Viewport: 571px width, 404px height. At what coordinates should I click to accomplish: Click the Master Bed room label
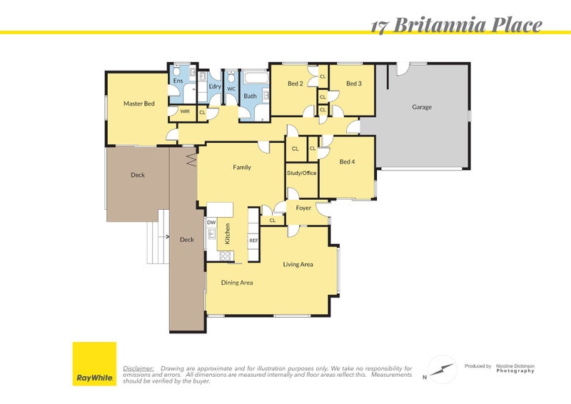pyautogui.click(x=138, y=103)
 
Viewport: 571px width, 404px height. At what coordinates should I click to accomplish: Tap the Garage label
pyautogui.click(x=421, y=107)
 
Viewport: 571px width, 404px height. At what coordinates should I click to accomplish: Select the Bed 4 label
pyautogui.click(x=347, y=162)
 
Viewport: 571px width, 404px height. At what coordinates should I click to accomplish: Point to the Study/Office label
pyautogui.click(x=301, y=173)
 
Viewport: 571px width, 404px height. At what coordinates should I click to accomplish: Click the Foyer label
pyautogui.click(x=303, y=208)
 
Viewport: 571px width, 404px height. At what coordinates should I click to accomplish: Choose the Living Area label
pyautogui.click(x=298, y=265)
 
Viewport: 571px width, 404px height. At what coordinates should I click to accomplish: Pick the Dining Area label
pyautogui.click(x=237, y=283)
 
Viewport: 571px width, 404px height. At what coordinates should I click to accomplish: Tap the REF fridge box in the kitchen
pyautogui.click(x=253, y=241)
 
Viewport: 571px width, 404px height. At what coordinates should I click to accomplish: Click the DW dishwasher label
pyautogui.click(x=211, y=223)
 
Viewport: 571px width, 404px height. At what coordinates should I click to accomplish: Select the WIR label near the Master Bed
pyautogui.click(x=184, y=111)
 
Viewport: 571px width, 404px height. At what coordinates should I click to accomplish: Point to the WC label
pyautogui.click(x=231, y=89)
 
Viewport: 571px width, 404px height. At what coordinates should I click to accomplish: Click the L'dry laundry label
pyautogui.click(x=215, y=86)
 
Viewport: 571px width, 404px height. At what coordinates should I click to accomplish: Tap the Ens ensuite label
pyautogui.click(x=178, y=81)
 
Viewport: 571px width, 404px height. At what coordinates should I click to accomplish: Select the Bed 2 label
pyautogui.click(x=295, y=84)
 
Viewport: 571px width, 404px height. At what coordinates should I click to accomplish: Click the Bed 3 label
pyautogui.click(x=354, y=84)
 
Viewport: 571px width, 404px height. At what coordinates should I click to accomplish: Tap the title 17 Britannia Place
pyautogui.click(x=456, y=26)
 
